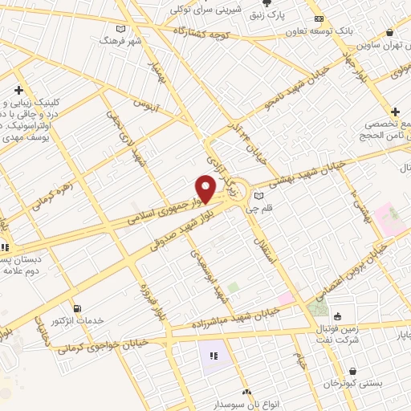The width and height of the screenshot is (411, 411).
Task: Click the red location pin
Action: (205, 189)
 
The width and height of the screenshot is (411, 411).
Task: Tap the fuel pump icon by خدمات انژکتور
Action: (77, 308)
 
